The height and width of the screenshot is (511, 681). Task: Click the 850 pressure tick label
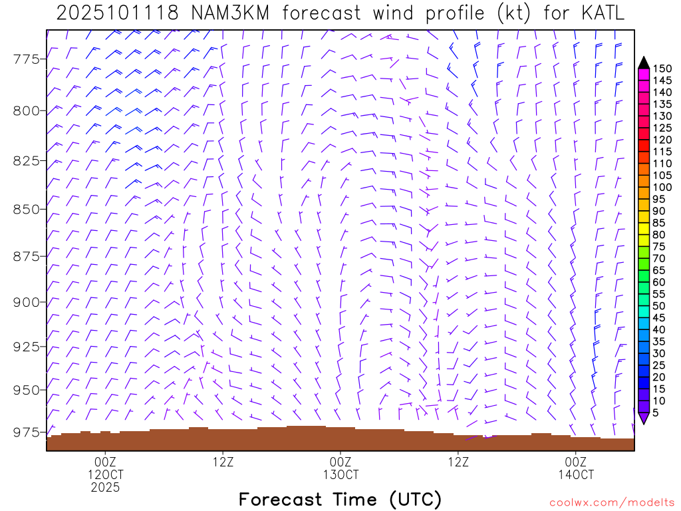click(27, 210)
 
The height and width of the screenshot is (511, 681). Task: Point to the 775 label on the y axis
click(27, 60)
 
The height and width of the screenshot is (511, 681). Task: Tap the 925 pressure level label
click(27, 347)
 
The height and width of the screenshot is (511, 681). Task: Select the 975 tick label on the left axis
click(27, 432)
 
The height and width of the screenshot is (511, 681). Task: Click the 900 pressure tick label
click(27, 302)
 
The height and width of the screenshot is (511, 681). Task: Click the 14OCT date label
click(575, 475)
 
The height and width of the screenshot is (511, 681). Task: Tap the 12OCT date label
click(106, 475)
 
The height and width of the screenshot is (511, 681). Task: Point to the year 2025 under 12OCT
click(106, 488)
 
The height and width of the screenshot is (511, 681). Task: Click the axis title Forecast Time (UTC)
click(340, 499)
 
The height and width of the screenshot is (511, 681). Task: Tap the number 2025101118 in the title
click(118, 13)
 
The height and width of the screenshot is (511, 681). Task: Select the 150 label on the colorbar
click(662, 69)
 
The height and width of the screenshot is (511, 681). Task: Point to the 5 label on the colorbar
click(656, 413)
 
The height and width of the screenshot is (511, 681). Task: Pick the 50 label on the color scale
click(660, 305)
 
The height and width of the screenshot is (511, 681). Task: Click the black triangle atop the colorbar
click(644, 63)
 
